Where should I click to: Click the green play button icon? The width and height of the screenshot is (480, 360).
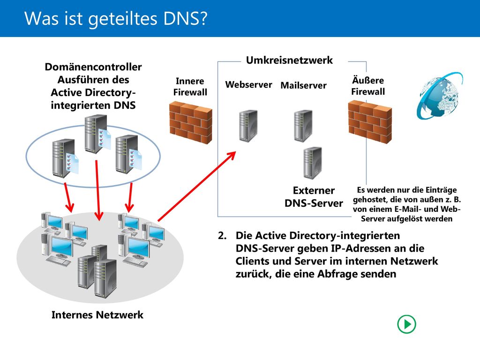[x=406, y=324]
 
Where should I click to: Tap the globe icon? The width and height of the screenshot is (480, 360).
[x=440, y=95]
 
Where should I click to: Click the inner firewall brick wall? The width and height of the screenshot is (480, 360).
[x=191, y=123]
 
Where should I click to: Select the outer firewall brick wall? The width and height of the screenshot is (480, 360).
[x=370, y=121]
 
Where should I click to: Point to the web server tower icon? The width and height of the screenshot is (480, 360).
[x=248, y=126]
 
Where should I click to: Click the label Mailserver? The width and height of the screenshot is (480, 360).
[x=303, y=85]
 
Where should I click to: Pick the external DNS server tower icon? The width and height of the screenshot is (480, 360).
[x=313, y=163]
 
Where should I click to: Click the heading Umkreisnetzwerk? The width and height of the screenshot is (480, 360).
[x=289, y=60]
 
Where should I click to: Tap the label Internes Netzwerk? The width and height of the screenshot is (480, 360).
[x=97, y=315]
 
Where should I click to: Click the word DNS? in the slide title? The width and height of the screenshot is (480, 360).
[x=186, y=18]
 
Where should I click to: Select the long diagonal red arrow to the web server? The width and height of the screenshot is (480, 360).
[x=196, y=186]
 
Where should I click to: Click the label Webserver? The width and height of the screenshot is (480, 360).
[x=248, y=84]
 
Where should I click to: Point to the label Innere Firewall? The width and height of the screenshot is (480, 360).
[x=190, y=87]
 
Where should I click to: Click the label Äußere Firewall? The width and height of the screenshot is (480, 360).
[x=368, y=86]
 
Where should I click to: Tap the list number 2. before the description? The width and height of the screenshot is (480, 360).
[x=222, y=235]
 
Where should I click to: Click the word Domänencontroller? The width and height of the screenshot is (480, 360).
[x=93, y=67]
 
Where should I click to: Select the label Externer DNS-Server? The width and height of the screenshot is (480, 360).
[x=314, y=197]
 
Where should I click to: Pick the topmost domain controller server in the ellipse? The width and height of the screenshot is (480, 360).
[x=97, y=134]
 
